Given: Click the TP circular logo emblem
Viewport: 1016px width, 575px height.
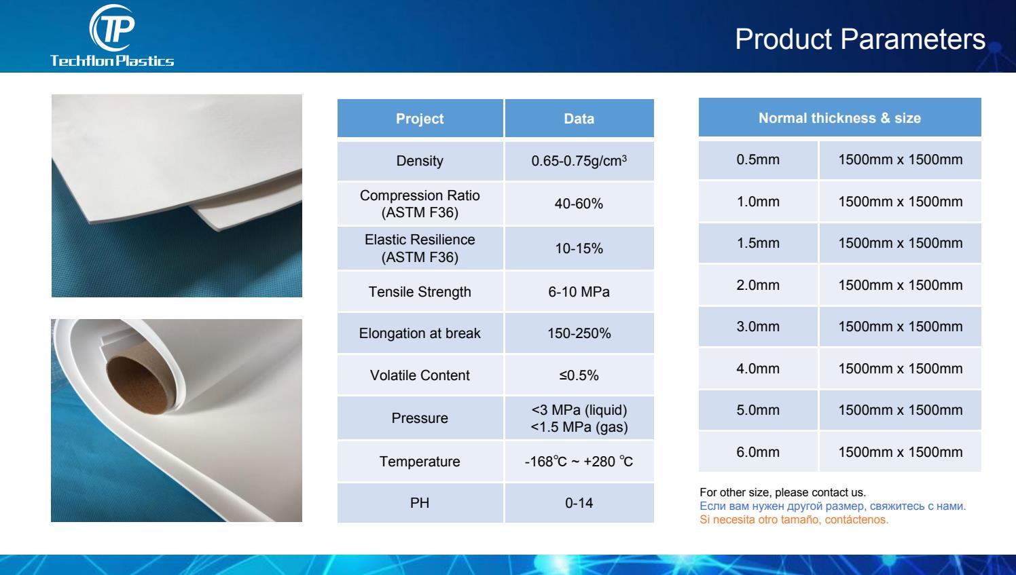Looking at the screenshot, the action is coord(113,28).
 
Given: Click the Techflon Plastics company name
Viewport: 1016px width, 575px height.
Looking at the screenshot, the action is coord(112,61).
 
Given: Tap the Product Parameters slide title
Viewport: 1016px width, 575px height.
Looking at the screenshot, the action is coord(860,39).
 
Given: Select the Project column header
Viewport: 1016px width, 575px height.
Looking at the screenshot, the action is coord(420,118).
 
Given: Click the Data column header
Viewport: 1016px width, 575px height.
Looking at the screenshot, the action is coord(579,118).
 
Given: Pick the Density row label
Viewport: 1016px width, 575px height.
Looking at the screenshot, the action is coord(420,161).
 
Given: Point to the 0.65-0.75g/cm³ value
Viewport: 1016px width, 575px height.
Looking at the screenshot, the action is coord(579,160).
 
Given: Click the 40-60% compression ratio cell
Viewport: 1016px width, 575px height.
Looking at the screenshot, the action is coord(579,204).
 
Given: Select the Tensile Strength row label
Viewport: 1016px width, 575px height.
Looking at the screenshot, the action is coord(420,292).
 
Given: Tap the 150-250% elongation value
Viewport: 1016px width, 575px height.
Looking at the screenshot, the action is coord(579,333).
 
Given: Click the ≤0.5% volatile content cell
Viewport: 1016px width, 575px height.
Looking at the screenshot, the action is coord(579,375).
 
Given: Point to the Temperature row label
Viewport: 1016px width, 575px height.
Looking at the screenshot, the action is coord(420,462).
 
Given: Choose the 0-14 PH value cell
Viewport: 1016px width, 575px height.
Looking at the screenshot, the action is coord(579,503).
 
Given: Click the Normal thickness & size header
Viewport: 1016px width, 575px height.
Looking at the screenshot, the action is coord(839,117).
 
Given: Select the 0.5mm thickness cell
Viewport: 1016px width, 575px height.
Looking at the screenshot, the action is coord(758,160).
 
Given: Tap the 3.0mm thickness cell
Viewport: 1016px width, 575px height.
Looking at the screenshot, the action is coord(758,327).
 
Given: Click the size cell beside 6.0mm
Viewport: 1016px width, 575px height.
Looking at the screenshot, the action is coord(901,451).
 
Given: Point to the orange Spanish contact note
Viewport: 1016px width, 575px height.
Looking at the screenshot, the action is coord(794,520).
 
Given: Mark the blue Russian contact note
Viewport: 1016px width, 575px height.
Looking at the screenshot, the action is coord(833,506).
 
